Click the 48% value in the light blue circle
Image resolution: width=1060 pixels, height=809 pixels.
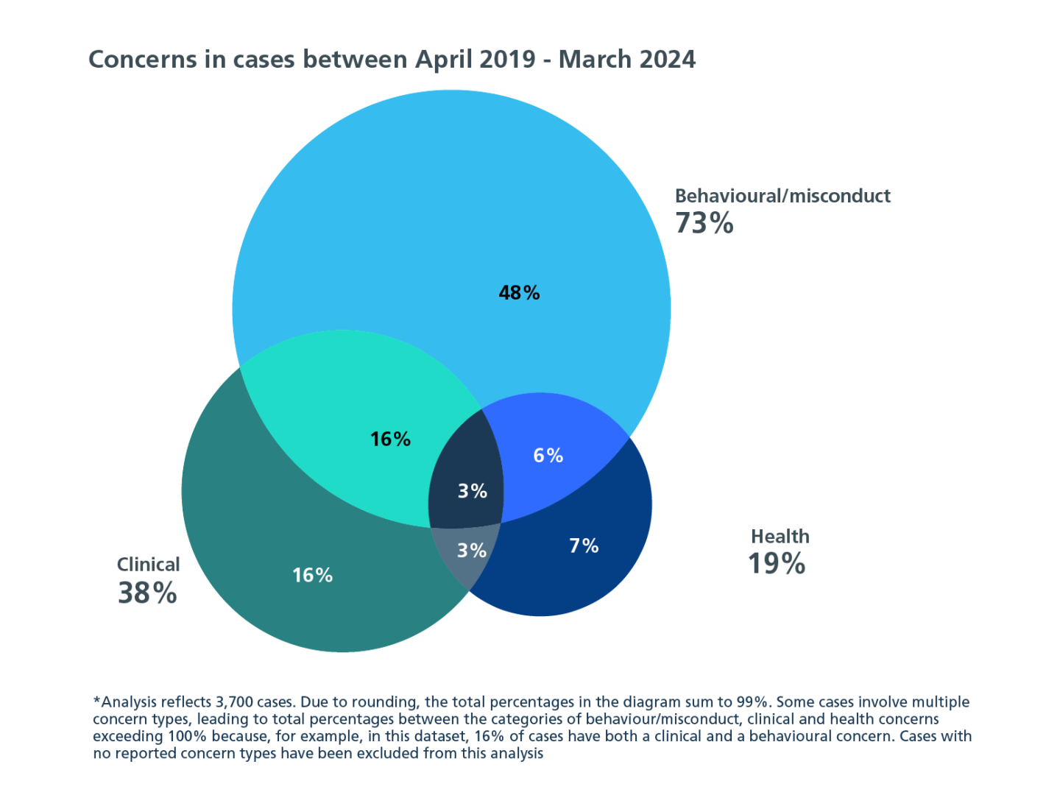[519, 293]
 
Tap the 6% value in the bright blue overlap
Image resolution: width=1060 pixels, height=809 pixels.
[548, 456]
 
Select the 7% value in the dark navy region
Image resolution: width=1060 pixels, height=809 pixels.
[584, 545]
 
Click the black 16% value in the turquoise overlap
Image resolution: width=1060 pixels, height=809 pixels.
[390, 439]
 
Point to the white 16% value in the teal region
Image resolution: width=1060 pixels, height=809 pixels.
[312, 575]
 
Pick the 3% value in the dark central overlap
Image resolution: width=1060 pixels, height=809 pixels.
[472, 491]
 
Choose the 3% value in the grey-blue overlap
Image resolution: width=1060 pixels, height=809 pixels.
[471, 551]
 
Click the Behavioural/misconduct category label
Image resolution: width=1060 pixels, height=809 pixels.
[782, 196]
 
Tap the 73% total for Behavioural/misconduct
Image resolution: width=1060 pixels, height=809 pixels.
[704, 223]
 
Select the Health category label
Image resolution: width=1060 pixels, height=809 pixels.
[780, 537]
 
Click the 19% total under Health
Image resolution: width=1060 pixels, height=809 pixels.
[777, 564]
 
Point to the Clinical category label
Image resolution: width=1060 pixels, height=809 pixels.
[148, 565]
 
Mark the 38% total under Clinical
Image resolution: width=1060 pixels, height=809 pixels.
[147, 593]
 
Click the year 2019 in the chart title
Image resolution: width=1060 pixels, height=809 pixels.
[506, 60]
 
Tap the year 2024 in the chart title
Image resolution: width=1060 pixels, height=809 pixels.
[665, 60]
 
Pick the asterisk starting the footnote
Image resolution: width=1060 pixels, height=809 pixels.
[96, 700]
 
